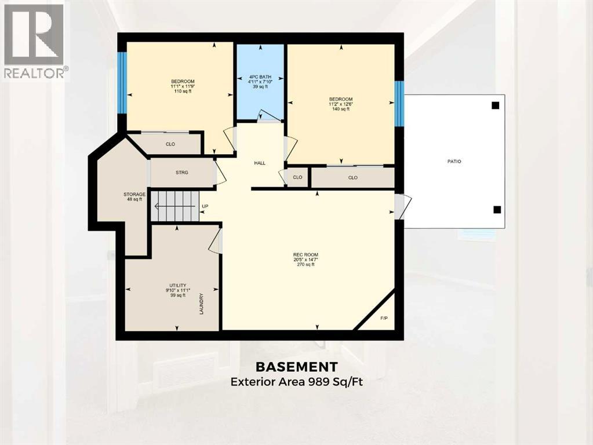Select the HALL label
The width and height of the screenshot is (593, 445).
pyautogui.click(x=260, y=163)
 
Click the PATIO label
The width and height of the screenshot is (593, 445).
pyautogui.click(x=454, y=161)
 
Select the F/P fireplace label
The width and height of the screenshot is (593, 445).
pyautogui.click(x=384, y=318)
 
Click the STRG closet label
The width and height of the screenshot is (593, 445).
pyautogui.click(x=182, y=173)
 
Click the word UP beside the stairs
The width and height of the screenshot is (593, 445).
pyautogui.click(x=205, y=206)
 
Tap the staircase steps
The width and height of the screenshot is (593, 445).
pyautogui.click(x=175, y=206)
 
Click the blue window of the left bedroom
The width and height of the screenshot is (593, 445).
pyautogui.click(x=122, y=83)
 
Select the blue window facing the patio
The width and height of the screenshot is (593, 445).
pyautogui.click(x=399, y=104)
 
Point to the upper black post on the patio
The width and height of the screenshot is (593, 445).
pyautogui.click(x=495, y=105)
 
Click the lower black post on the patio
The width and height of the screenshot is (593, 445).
pyautogui.click(x=495, y=209)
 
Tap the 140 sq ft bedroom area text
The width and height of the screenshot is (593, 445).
pyautogui.click(x=341, y=109)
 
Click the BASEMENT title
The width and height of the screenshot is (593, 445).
pyautogui.click(x=297, y=367)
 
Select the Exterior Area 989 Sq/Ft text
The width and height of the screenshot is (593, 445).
pyautogui.click(x=297, y=382)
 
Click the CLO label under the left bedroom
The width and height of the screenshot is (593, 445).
pyautogui.click(x=170, y=144)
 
